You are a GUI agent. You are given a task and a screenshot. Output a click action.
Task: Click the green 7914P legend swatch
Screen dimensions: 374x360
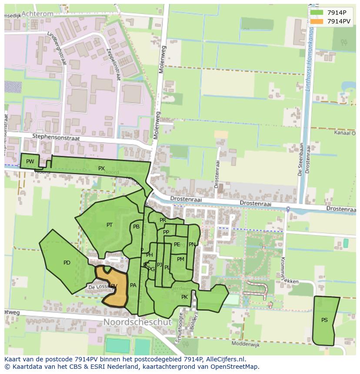coord(317,13)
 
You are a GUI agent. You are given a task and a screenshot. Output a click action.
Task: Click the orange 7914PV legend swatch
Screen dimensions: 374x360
coord(317,21)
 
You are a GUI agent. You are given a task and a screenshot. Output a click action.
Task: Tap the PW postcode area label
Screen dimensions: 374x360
coord(30,162)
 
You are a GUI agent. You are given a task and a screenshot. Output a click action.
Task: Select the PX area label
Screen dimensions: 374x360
coord(101,169)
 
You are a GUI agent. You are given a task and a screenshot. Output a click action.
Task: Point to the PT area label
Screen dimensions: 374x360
coord(110,225)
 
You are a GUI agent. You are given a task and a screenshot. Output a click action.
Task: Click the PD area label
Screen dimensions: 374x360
coord(67,263)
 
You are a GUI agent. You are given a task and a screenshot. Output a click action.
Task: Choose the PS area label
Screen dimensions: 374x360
coord(324,320)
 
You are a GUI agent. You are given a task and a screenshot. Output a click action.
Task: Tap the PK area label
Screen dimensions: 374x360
coord(184,297)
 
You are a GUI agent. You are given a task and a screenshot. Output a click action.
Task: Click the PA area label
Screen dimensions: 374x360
coord(133,285)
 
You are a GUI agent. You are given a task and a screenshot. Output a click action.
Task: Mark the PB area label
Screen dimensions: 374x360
coord(136,227)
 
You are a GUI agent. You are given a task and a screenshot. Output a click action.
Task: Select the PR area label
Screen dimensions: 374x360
coord(163,220)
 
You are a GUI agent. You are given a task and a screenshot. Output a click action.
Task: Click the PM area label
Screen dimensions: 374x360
coord(180,259)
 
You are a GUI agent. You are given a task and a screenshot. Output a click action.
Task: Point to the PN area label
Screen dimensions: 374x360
coord(192,245)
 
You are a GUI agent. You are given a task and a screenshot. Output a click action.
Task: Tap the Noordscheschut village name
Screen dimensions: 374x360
coord(137,322)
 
